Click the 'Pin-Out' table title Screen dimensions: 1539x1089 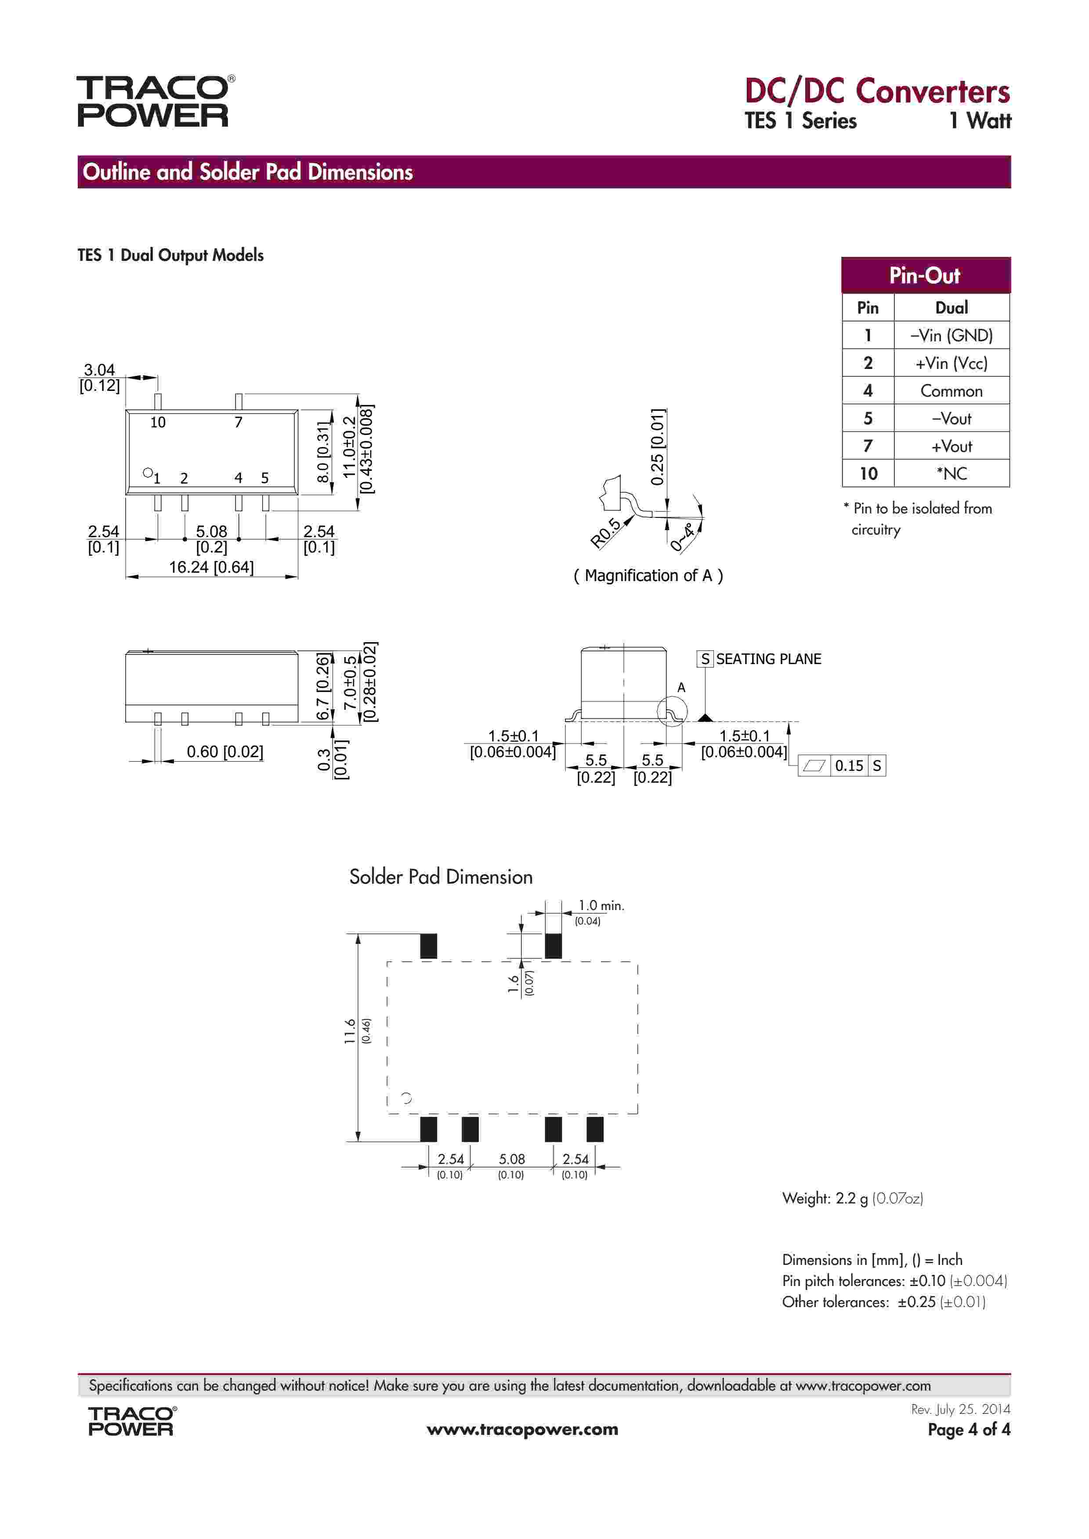tap(925, 275)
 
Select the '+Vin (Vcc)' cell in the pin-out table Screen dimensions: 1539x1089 tap(951, 363)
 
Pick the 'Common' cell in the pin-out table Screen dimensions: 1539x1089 tap(951, 391)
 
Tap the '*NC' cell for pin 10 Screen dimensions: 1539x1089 tap(951, 474)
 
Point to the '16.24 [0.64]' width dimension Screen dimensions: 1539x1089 tap(211, 567)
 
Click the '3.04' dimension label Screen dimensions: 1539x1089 tap(99, 369)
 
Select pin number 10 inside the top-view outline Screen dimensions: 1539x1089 tap(158, 422)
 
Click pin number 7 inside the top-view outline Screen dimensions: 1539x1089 tap(238, 422)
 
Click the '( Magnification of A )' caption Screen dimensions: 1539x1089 tap(648, 576)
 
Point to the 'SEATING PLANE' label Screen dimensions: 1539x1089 tap(768, 659)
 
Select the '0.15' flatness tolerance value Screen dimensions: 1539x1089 tap(849, 766)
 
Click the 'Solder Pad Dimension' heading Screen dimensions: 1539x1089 tap(441, 877)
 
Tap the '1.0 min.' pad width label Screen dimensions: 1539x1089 tap(601, 906)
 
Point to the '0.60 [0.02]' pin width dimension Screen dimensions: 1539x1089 tap(224, 751)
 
